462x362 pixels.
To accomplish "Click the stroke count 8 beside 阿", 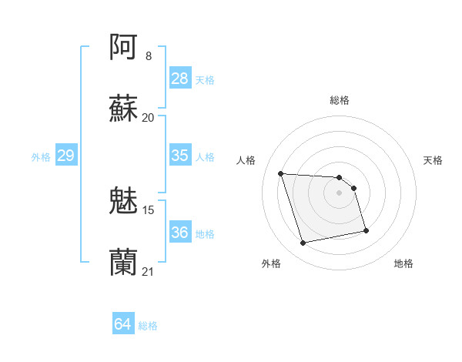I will point(149,55).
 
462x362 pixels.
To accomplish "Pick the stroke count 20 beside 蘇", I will point(149,117).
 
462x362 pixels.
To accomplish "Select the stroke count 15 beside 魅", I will point(149,209).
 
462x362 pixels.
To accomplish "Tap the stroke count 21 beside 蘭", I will point(149,271).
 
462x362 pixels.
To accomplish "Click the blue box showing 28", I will point(180,79).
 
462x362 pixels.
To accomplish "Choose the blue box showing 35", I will point(180,156).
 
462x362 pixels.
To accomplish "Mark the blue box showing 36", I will point(180,233).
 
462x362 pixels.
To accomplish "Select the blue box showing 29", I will point(66,156).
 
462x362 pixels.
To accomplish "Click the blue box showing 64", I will point(123,324).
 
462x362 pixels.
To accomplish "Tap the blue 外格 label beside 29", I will point(41,157).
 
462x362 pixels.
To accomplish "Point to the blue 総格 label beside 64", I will point(148,326).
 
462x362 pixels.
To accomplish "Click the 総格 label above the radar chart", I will point(340,100).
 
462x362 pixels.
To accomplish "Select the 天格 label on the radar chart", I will point(434,160).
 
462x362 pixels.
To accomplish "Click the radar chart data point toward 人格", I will point(281,173).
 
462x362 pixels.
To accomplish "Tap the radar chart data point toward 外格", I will point(303,243).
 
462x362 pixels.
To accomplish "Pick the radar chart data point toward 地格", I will point(366,230).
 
